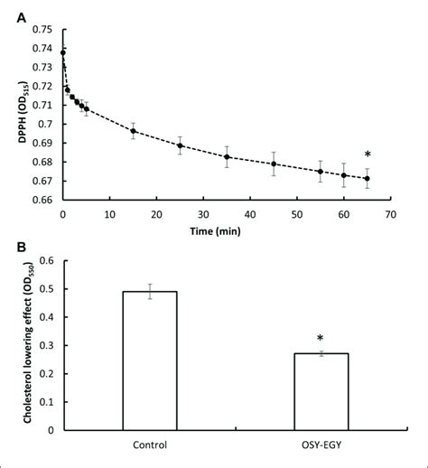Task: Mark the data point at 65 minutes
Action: click(367, 178)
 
